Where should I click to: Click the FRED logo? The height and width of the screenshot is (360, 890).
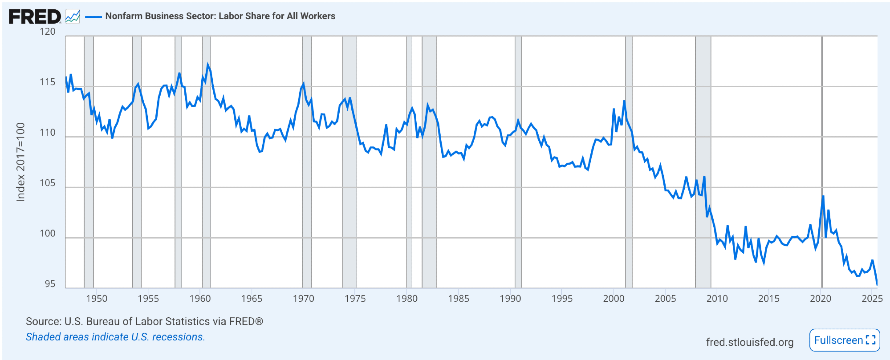coord(35,17)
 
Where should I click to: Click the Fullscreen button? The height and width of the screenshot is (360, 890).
coord(844,340)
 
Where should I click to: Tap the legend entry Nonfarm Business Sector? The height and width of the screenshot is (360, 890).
coord(220,16)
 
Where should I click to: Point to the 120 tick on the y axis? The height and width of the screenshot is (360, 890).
coord(48,32)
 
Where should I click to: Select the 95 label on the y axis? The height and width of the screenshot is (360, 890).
coord(50,284)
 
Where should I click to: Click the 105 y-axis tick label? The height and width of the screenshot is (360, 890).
coord(48,183)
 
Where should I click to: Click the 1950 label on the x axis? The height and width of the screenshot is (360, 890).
coord(97,299)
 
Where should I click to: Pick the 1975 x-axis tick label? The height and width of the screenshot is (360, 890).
coord(355,299)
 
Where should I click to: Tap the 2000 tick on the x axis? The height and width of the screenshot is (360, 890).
coord(614,299)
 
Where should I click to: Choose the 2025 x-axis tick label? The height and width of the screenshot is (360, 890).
coord(872,299)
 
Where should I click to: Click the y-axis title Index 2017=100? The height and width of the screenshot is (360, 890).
coord(20,162)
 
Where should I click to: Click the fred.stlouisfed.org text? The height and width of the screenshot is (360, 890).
coord(749,342)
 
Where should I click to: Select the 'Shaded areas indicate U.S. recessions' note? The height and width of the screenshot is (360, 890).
coord(115,337)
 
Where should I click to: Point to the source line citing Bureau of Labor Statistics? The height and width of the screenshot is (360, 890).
coord(144,321)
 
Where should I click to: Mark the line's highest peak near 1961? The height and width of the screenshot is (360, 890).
coord(207,65)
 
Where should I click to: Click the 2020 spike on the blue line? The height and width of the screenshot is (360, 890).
coord(823,196)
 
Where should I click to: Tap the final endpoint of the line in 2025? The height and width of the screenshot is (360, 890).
coord(877,284)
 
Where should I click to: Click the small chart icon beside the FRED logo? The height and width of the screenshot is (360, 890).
coord(73,17)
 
